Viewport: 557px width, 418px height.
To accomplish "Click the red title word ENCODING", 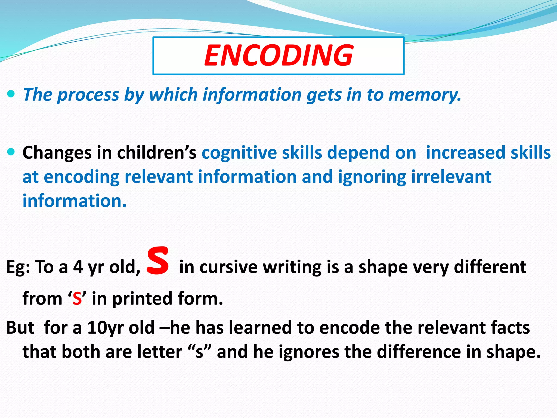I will pos(278,56).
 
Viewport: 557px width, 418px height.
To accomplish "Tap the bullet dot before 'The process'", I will pos(11,94).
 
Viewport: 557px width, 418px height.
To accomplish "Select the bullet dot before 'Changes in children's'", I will pos(11,152).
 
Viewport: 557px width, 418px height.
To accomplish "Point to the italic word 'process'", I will pos(88,95).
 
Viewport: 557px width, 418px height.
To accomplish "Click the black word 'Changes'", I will pos(57,153).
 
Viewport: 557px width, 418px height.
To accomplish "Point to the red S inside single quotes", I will pos(77,299).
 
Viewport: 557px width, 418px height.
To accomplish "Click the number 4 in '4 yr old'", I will pos(78,267).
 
